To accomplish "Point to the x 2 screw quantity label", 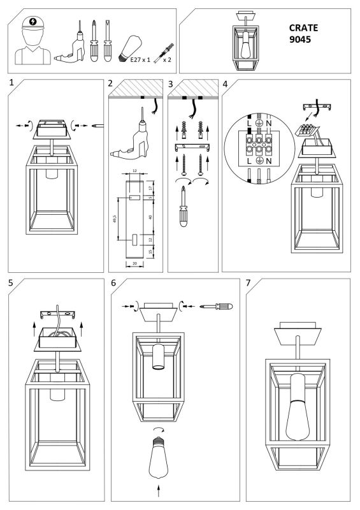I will click(168, 59).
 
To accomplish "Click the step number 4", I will click(225, 84).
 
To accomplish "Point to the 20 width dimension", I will click(134, 263).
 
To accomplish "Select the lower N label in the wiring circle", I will click(270, 161).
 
